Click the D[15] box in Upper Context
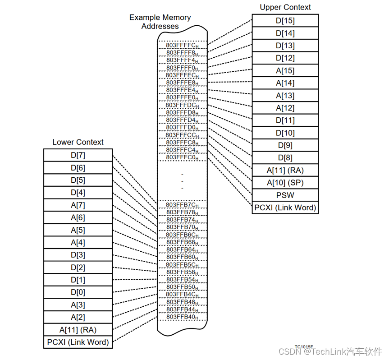[285, 20]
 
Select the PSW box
[285, 195]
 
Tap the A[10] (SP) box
[285, 183]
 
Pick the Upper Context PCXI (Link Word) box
[285, 208]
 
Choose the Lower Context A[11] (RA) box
[78, 330]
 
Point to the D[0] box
[78, 292]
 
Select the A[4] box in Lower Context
[78, 243]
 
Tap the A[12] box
[285, 108]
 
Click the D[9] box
[285, 145]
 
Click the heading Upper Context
[285, 7]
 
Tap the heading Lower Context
[78, 142]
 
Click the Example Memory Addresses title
[160, 22]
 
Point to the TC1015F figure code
[304, 347]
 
